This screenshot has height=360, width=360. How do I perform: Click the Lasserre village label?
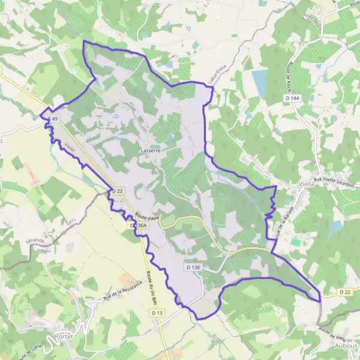tap(149, 151)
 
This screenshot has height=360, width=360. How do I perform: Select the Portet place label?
tap(64, 337)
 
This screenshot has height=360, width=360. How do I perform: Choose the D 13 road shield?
tap(158, 313)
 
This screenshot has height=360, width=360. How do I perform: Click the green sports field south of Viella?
tap(296, 242)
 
